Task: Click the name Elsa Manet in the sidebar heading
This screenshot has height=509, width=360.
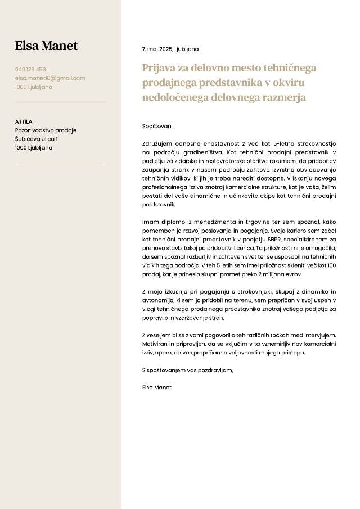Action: click(46, 46)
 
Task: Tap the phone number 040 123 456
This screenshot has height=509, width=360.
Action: click(30, 70)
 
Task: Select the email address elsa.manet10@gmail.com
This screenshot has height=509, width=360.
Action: click(50, 78)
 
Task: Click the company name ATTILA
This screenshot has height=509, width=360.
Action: click(24, 121)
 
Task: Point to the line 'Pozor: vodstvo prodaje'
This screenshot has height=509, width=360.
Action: click(46, 130)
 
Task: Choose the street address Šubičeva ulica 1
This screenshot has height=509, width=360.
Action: click(36, 139)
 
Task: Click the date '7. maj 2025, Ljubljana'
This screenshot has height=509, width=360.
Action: click(170, 49)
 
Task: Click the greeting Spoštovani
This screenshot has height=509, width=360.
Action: click(158, 126)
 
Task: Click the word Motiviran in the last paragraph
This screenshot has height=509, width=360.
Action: click(155, 344)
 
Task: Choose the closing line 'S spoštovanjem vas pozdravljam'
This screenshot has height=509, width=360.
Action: click(187, 370)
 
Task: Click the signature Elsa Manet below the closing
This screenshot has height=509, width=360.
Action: click(157, 388)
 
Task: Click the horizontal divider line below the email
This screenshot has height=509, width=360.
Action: click(60, 102)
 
